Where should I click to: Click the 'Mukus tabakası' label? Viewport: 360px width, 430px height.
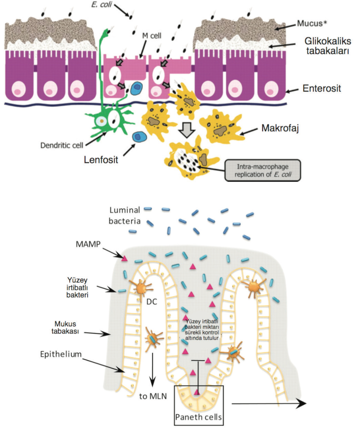[x=70, y=328]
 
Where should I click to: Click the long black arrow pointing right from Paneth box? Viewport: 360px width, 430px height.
[x=269, y=404]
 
